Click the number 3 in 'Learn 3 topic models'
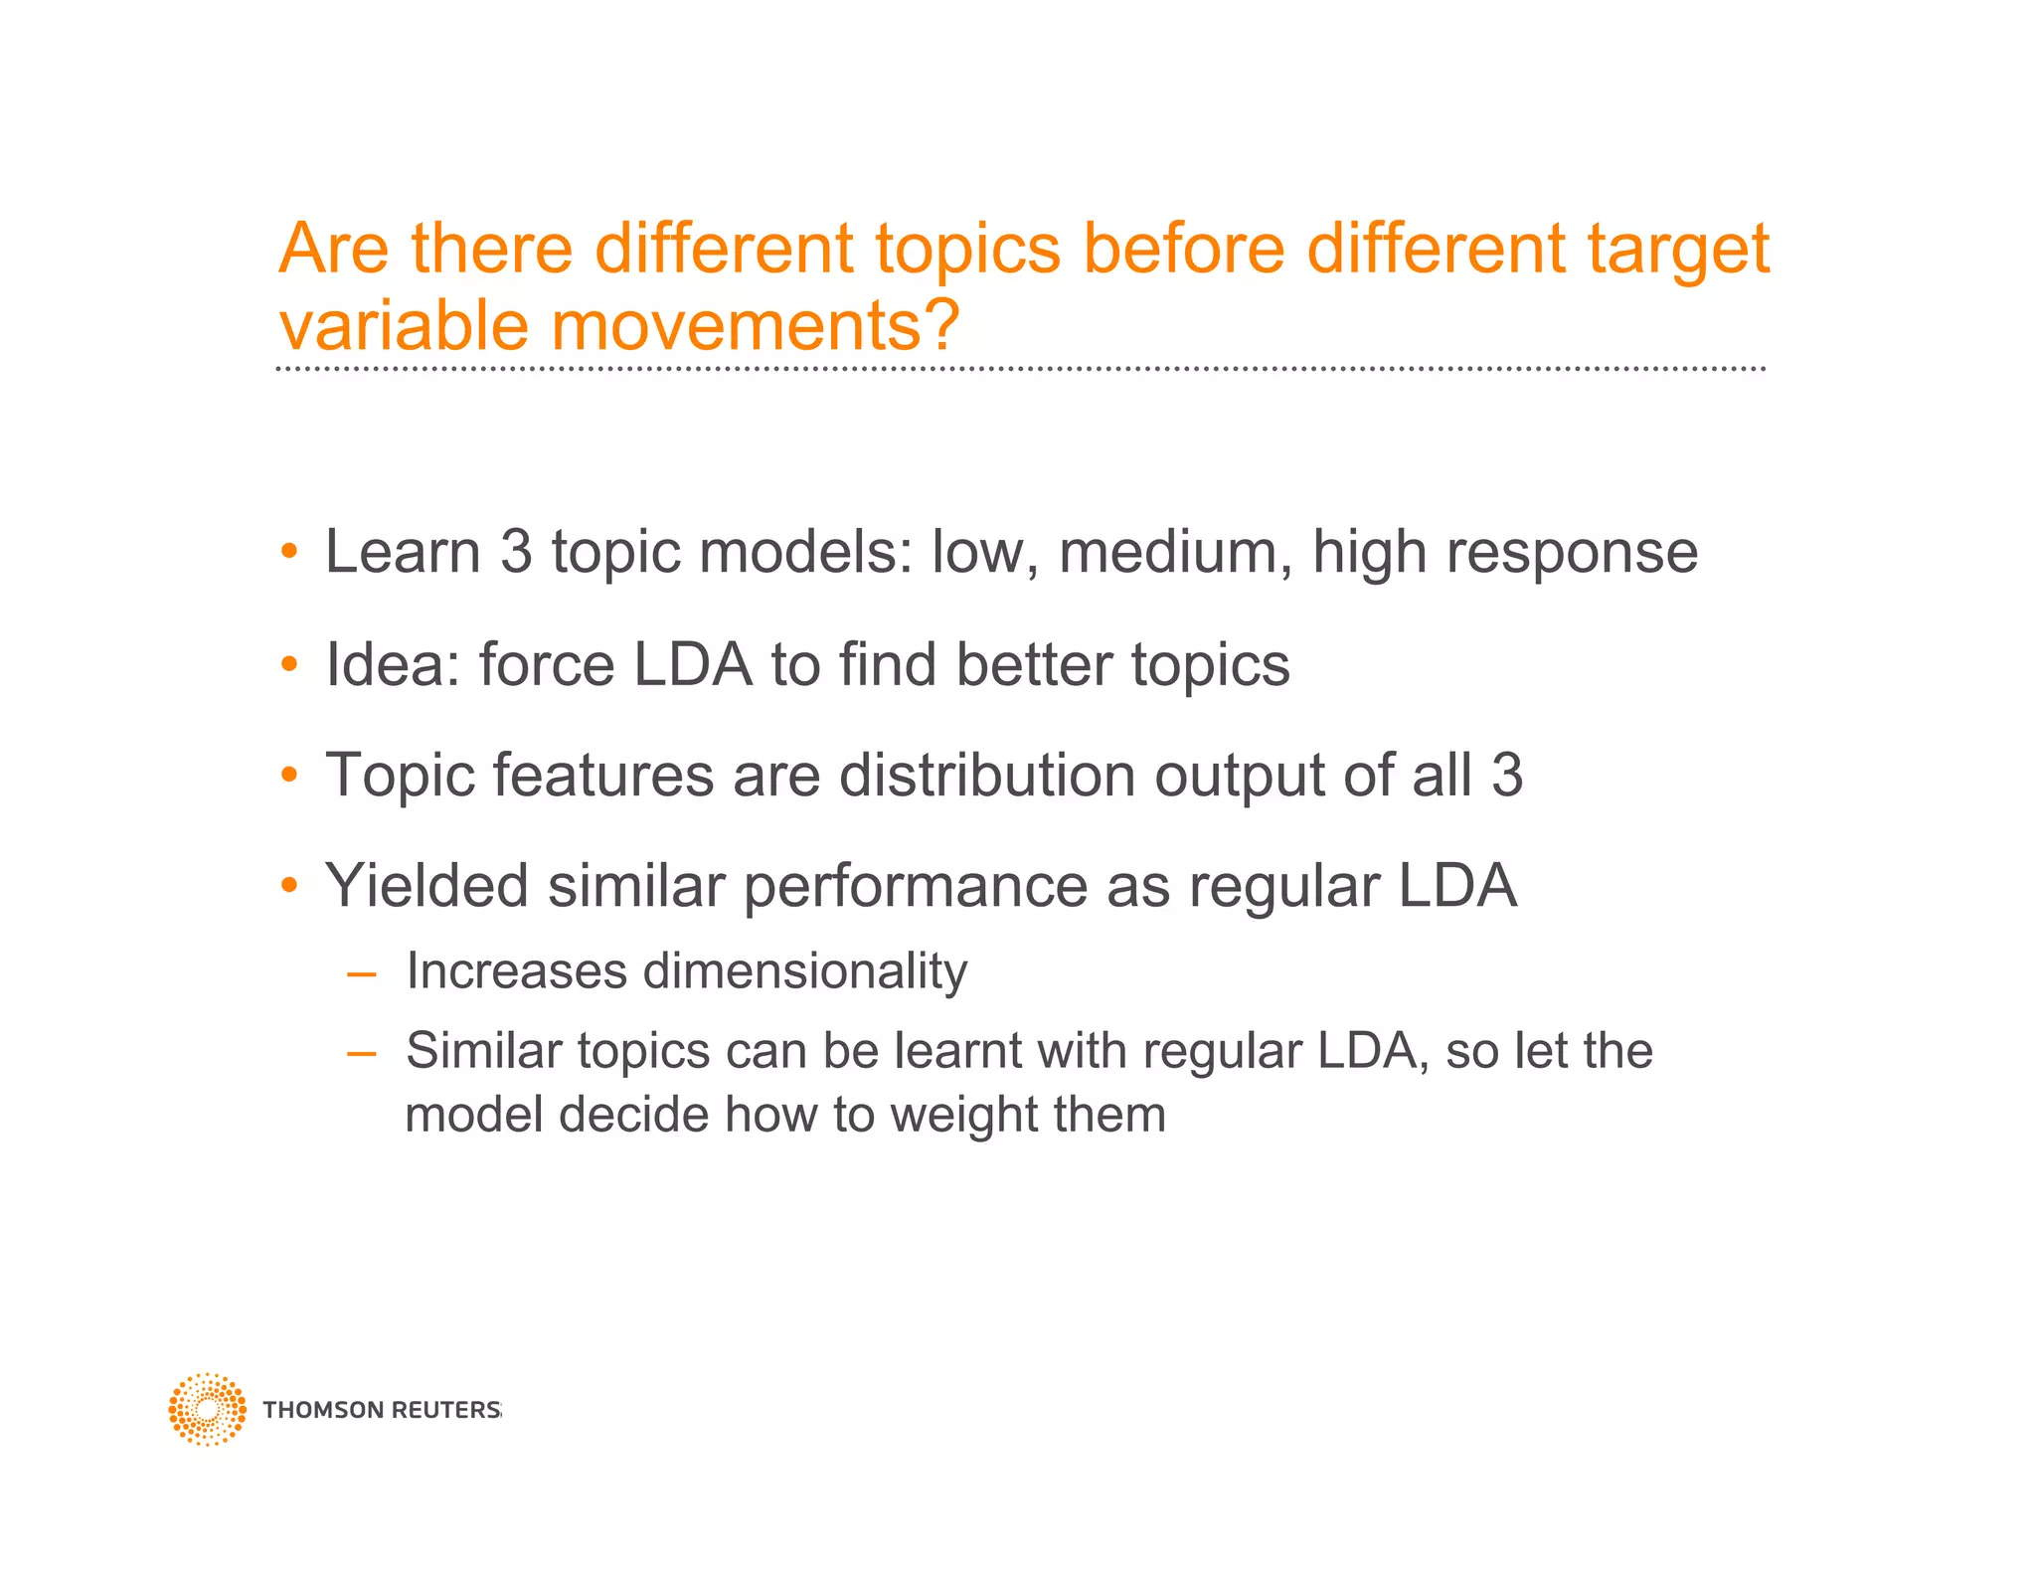tap(516, 552)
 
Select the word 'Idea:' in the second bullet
tap(393, 664)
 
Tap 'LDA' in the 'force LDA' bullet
tap(692, 664)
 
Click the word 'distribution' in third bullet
tap(987, 776)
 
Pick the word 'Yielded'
tap(426, 886)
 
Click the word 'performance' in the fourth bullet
tap(915, 888)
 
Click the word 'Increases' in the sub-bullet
tap(516, 971)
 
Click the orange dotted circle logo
tap(207, 1409)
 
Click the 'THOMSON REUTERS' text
tap(381, 1410)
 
